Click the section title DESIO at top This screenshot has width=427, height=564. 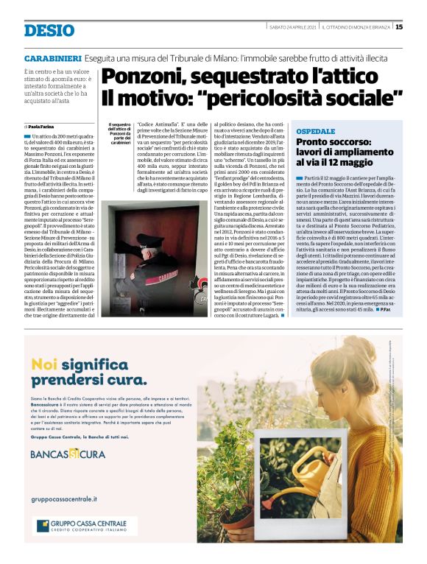pyautogui.click(x=49, y=30)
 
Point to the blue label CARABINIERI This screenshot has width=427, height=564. pyautogui.click(x=52, y=57)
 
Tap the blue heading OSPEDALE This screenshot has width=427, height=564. pyautogui.click(x=316, y=130)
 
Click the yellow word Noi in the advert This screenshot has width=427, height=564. pyautogui.click(x=44, y=364)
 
